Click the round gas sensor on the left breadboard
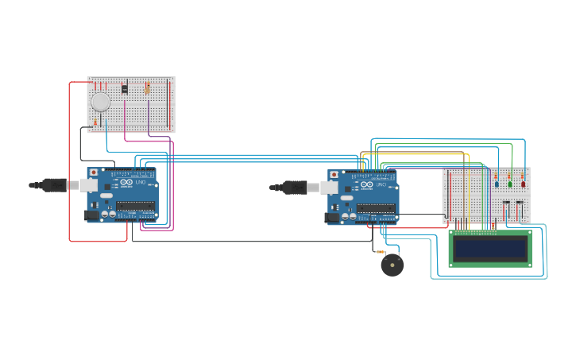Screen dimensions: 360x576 point(100,102)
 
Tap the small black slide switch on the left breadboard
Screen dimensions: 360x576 point(124,88)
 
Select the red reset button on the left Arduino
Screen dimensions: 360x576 point(94,172)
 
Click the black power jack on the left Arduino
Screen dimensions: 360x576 point(92,215)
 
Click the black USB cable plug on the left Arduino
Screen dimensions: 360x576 point(55,185)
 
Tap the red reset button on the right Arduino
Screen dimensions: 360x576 point(334,174)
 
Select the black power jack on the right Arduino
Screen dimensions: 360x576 point(333,216)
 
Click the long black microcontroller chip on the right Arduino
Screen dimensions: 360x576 point(376,208)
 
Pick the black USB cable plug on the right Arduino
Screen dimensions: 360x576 point(296,188)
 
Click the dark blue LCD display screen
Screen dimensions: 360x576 point(489,250)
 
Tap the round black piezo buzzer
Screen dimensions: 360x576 point(392,265)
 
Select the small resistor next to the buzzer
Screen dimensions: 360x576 point(381,252)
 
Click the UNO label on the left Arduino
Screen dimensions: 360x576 point(140,183)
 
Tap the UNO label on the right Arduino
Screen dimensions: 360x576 point(381,185)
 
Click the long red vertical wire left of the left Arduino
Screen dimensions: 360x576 point(69,159)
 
